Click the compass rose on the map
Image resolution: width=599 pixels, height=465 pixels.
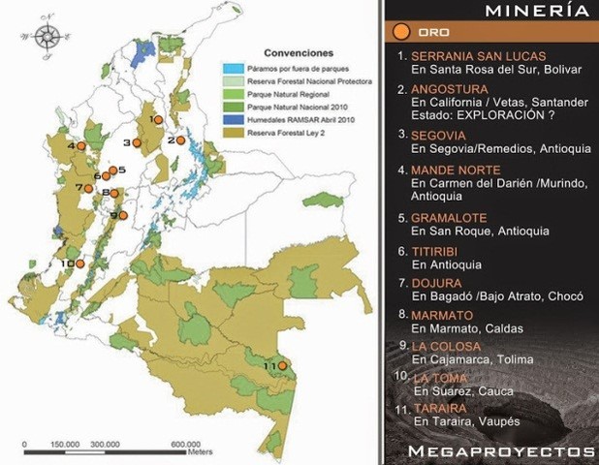47,38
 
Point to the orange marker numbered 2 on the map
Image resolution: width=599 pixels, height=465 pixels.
180,139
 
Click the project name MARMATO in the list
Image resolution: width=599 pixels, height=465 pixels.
442,315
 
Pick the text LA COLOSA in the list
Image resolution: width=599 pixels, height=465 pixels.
447,346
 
